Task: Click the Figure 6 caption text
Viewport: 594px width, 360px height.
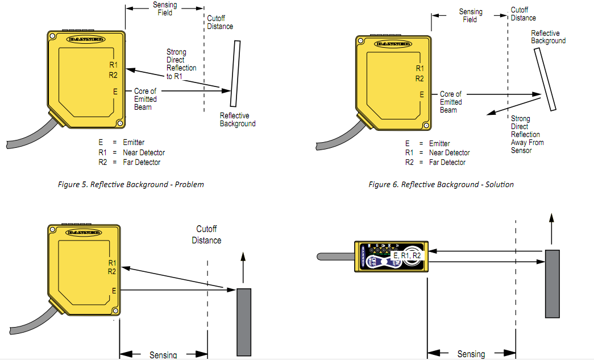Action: [441, 184]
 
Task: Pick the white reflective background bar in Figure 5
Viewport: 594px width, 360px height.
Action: [234, 73]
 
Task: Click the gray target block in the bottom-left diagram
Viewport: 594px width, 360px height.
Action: [243, 321]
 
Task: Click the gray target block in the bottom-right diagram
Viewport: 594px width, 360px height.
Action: [552, 283]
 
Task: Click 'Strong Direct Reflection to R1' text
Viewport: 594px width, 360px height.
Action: [181, 64]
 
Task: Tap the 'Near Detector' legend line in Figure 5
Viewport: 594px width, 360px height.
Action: [131, 152]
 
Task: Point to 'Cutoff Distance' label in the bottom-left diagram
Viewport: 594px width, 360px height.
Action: [206, 234]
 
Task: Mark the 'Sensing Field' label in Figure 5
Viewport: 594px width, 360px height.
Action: [164, 9]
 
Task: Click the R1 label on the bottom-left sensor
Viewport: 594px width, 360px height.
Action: [112, 263]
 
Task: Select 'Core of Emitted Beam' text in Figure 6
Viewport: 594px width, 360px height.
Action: [450, 102]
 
